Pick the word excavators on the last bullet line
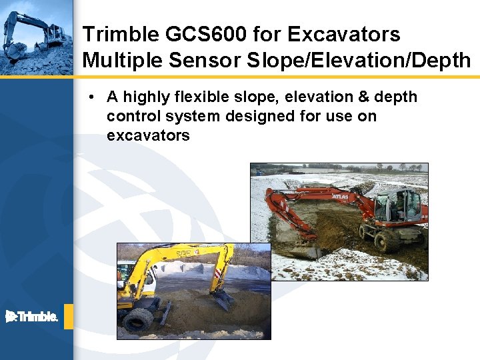148,136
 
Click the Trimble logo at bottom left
32,317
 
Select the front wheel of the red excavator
386,240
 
